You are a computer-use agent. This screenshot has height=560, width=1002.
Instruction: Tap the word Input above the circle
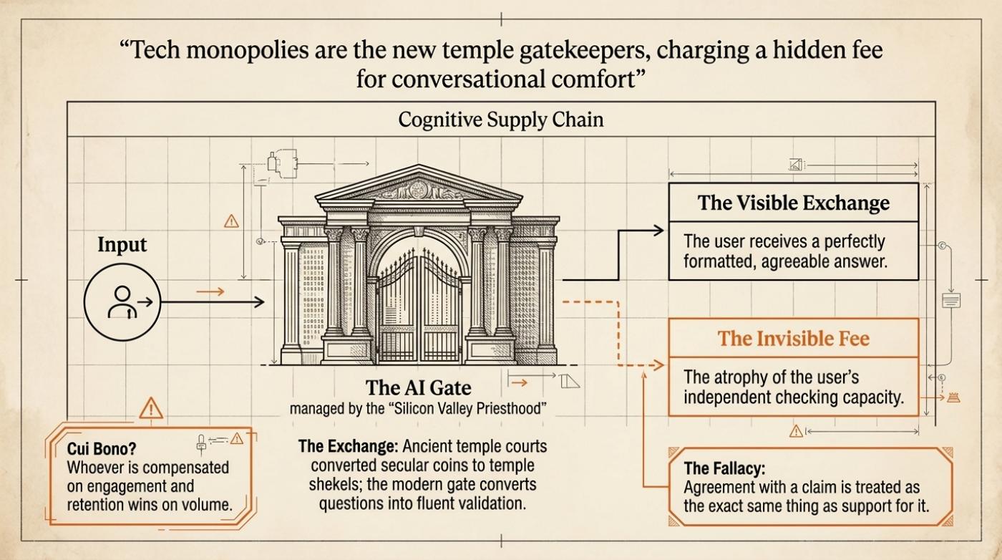(x=122, y=245)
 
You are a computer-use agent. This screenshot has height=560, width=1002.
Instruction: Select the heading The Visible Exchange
(x=794, y=203)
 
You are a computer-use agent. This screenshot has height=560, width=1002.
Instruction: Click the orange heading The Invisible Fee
(x=794, y=339)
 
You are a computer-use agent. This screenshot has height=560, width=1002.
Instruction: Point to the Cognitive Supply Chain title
(x=500, y=120)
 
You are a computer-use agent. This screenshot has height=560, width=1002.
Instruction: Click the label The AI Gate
(x=418, y=387)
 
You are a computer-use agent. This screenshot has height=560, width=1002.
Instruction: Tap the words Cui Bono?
(x=102, y=448)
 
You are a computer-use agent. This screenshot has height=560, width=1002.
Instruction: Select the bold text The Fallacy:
(x=724, y=468)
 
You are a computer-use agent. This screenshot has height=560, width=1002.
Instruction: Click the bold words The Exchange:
(x=348, y=446)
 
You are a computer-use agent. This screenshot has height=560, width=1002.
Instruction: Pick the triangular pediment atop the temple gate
(x=419, y=184)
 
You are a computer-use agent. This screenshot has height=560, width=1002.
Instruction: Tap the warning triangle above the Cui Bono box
(x=151, y=409)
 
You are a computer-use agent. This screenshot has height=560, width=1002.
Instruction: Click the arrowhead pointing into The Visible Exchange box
(x=659, y=231)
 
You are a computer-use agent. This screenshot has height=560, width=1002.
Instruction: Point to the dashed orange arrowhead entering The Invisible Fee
(x=658, y=365)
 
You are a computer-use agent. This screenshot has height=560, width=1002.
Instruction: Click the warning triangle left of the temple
(x=231, y=221)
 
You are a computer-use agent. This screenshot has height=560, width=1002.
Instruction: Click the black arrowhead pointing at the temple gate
(x=259, y=303)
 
